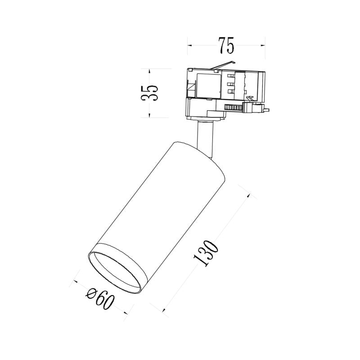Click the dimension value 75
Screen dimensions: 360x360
[x=226, y=45]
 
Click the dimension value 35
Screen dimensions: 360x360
[x=149, y=93]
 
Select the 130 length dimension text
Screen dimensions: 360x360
[x=206, y=253]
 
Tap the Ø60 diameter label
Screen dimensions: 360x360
[x=100, y=299]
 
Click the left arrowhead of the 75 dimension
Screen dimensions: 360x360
[x=189, y=45]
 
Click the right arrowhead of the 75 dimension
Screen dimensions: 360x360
[x=263, y=45]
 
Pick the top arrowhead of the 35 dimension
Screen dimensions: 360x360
[x=149, y=71]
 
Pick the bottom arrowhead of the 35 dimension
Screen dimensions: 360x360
[x=149, y=115]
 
